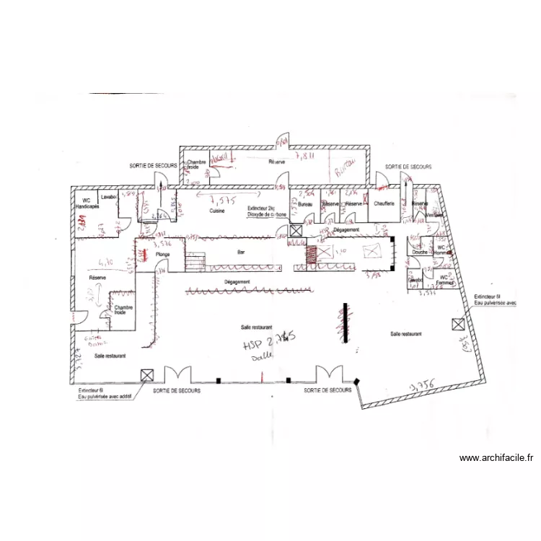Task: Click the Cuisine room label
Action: (217, 211)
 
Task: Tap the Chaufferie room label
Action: (384, 203)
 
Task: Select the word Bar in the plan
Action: (241, 252)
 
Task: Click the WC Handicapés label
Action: (87, 203)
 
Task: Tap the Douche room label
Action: (420, 252)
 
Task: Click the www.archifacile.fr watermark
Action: (496, 457)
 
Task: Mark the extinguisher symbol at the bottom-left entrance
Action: (147, 374)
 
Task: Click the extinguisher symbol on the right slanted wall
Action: (457, 325)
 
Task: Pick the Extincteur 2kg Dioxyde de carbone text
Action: (267, 211)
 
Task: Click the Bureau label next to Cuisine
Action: (304, 204)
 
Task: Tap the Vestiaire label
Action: (435, 214)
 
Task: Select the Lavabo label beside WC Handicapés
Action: (109, 196)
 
